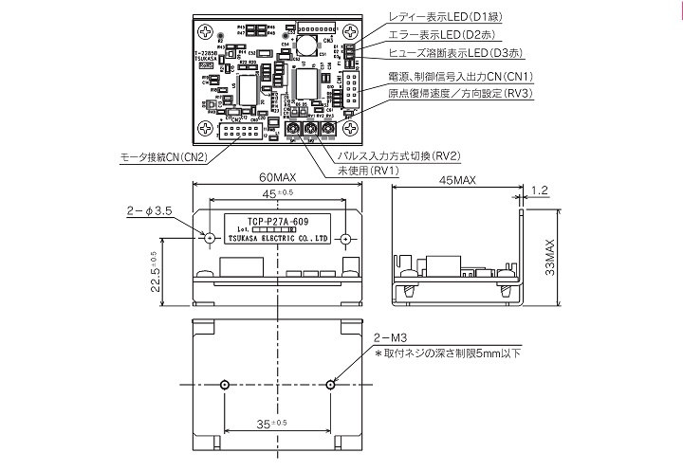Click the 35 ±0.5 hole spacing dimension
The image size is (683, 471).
coord(276,426)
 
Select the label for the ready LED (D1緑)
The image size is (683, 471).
coord(447,16)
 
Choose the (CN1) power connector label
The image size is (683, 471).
coord(460,76)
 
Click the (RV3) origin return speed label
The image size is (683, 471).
coord(460,94)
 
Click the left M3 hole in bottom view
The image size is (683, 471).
coord(223,384)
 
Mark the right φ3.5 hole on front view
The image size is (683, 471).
coord(347,238)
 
